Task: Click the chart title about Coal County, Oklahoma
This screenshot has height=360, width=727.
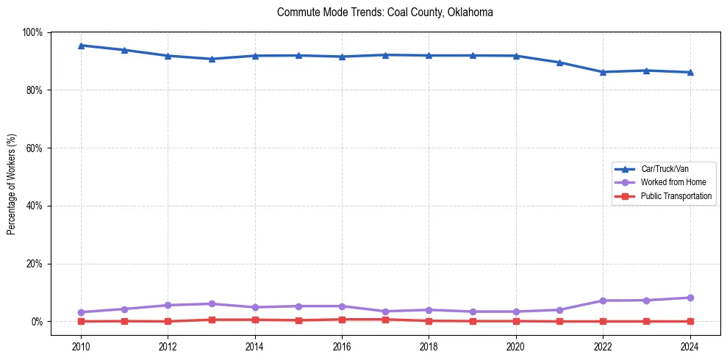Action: point(384,12)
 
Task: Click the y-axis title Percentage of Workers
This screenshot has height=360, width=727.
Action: point(12,176)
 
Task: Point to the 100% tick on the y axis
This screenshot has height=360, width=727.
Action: point(32,32)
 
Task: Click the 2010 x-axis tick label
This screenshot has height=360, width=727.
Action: point(81,346)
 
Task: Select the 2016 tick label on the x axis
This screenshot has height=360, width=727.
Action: point(342,346)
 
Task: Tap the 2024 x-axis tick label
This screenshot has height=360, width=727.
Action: point(690,346)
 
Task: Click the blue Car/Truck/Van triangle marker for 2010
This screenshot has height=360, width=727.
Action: point(81,46)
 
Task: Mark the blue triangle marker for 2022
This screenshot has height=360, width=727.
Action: point(603,72)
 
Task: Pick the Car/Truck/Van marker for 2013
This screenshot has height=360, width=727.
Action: point(212,59)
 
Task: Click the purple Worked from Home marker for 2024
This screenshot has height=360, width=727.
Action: point(690,298)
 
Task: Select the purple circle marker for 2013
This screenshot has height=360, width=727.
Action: point(212,303)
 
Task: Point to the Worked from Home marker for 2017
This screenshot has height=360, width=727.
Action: point(385,312)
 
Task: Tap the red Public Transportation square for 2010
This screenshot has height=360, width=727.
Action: point(81,321)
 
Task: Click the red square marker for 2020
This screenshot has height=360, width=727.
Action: point(516,321)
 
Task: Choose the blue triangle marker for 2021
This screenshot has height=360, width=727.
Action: point(559,62)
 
